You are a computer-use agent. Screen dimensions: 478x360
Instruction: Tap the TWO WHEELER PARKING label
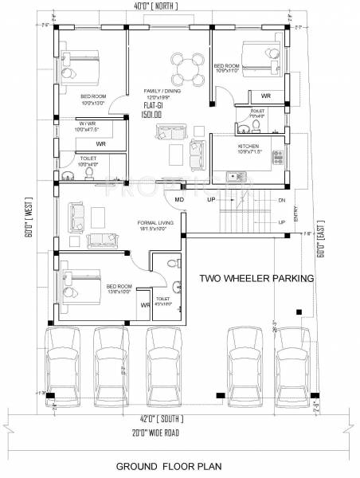point(256,278)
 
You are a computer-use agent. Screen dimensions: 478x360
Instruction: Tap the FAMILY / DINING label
point(162,92)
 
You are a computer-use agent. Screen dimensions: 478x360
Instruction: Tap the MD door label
point(179,200)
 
